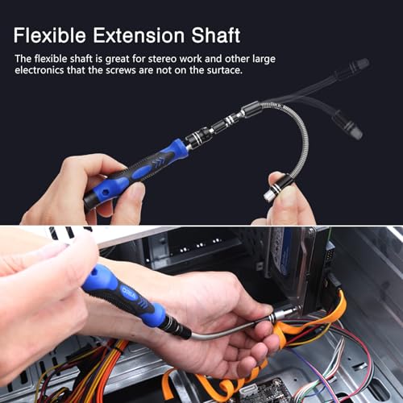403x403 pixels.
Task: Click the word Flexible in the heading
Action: point(53,36)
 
